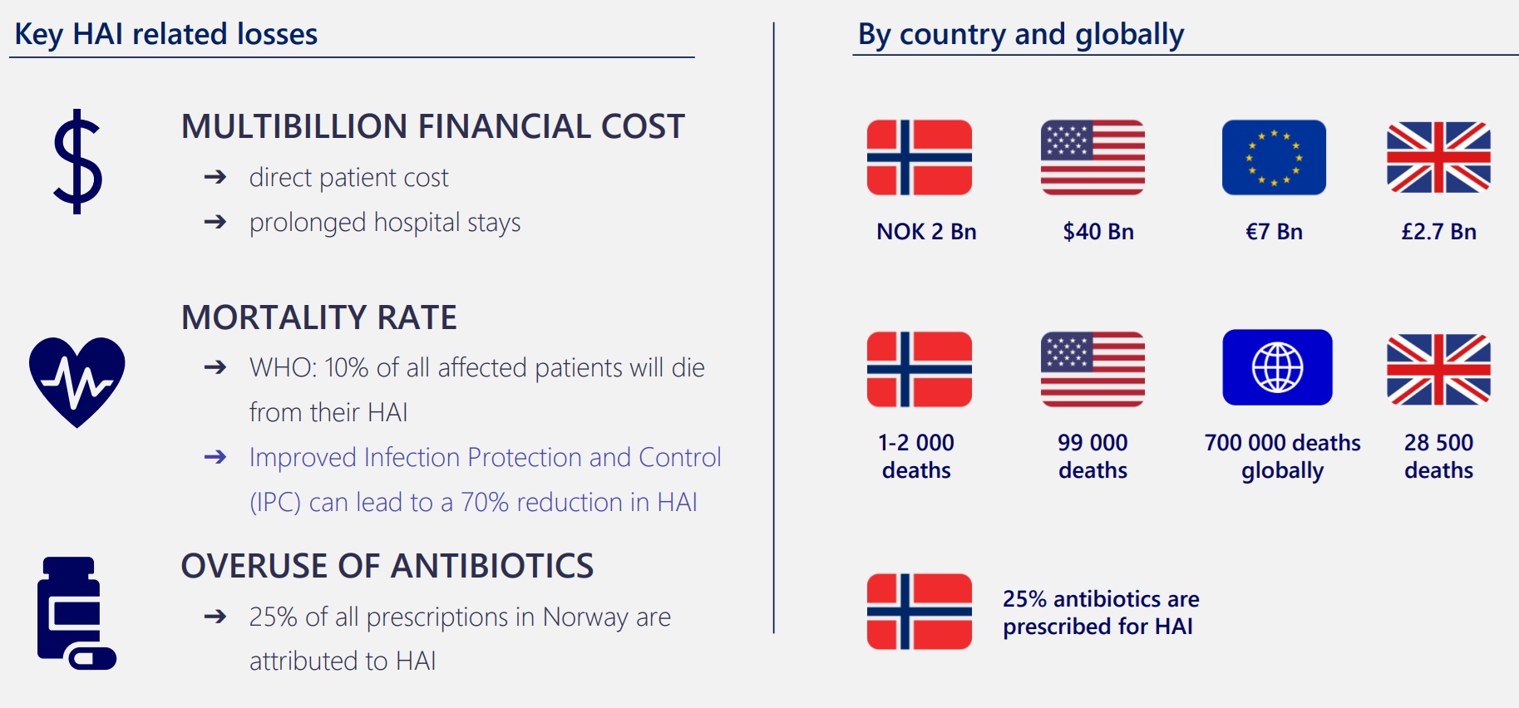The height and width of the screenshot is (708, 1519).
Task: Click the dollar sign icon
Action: tap(77, 161)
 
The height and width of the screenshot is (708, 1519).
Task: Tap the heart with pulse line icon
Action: tap(77, 381)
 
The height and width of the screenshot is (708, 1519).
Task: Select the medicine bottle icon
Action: tap(76, 612)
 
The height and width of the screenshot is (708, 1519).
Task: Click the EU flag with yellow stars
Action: tap(1274, 157)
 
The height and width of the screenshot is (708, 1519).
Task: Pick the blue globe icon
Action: tap(1277, 367)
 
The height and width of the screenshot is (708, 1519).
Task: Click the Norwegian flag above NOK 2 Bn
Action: tap(919, 157)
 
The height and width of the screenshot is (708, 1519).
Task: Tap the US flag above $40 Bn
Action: tap(1092, 157)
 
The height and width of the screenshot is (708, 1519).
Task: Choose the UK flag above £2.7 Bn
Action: tap(1438, 157)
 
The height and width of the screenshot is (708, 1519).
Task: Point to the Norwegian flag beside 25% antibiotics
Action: tap(919, 611)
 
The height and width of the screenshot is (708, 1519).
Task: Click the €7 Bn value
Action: tap(1274, 232)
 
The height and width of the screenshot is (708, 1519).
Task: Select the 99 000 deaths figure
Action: tap(1092, 456)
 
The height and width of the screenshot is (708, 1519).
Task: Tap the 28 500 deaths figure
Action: tap(1438, 456)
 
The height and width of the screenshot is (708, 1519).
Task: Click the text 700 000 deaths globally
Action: tap(1282, 456)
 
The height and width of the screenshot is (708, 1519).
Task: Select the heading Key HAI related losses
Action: tap(166, 34)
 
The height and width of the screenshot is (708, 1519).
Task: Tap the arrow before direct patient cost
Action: tap(215, 177)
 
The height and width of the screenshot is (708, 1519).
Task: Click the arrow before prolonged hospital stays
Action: tap(215, 222)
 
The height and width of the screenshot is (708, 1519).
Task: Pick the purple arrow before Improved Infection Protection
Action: tap(215, 457)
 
